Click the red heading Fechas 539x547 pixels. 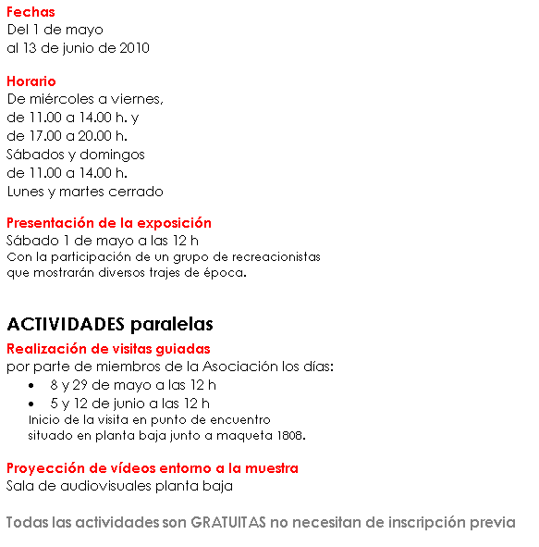pos(31,12)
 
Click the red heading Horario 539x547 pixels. pos(31,81)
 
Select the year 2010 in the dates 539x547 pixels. pos(134,47)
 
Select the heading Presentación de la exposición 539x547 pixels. pos(109,222)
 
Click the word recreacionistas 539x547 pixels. pos(275,256)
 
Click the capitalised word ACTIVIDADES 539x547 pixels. pos(65,324)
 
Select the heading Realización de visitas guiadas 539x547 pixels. pos(108,349)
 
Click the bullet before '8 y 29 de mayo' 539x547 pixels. pos(32,385)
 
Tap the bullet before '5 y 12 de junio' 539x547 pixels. pos(32,404)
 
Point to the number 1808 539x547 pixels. pos(288,434)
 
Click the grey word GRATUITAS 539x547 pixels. pos(228,523)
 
